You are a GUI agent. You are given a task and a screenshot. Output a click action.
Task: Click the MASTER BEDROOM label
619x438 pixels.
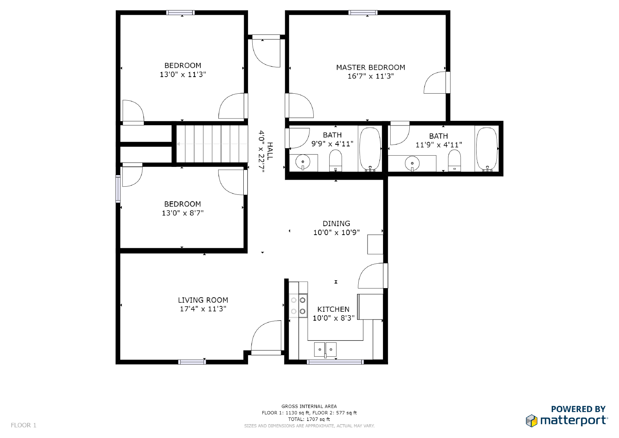click(x=371, y=67)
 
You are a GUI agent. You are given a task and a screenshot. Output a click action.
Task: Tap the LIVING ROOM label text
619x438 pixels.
click(x=203, y=300)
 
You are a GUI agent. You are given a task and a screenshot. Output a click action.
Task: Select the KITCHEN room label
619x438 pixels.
click(x=333, y=309)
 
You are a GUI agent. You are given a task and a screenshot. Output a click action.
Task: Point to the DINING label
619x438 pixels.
click(x=336, y=223)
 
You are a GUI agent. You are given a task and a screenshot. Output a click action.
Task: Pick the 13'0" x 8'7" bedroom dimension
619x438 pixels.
click(x=183, y=213)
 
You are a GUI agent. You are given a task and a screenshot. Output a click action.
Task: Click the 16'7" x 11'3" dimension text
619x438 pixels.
click(x=371, y=76)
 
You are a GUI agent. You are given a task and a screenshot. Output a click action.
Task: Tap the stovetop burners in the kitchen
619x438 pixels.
click(x=298, y=306)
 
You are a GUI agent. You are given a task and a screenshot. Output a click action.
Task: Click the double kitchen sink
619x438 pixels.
click(x=325, y=349)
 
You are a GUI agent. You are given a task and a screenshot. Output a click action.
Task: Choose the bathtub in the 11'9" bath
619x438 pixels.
click(x=487, y=149)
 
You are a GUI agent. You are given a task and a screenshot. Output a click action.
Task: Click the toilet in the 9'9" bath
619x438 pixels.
click(x=335, y=160)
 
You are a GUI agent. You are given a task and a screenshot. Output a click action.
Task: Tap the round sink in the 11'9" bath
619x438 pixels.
click(x=412, y=163)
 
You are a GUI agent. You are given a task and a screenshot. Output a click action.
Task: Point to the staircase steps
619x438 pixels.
click(x=212, y=144)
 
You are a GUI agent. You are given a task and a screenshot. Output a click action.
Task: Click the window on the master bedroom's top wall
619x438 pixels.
click(x=363, y=12)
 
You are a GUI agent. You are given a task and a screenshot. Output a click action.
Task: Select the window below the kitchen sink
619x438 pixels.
click(x=335, y=362)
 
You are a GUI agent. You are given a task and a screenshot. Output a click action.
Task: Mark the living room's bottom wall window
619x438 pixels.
click(x=192, y=362)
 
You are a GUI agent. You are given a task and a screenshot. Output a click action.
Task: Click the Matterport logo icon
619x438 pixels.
click(x=532, y=421)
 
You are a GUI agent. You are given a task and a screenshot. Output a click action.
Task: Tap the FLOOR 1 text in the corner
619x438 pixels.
click(x=24, y=425)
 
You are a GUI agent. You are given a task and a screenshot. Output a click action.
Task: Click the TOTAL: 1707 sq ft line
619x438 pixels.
click(x=309, y=419)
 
